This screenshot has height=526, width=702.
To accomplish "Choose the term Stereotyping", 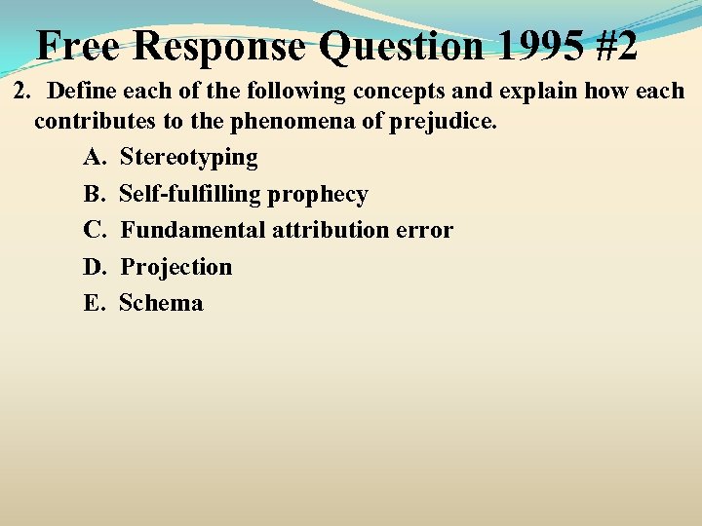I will pyautogui.click(x=189, y=158).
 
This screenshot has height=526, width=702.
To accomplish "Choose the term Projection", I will pyautogui.click(x=176, y=267).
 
